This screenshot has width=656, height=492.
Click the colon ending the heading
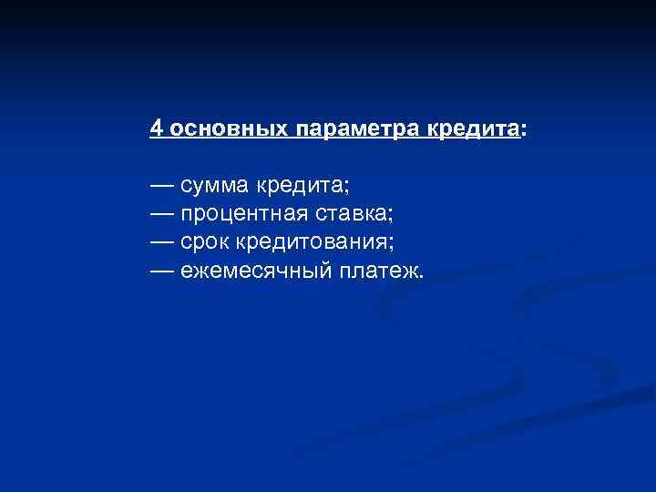point(523,130)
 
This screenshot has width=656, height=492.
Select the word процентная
point(240,214)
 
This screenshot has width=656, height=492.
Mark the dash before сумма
point(162,186)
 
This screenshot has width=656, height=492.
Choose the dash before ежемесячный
point(162,271)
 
